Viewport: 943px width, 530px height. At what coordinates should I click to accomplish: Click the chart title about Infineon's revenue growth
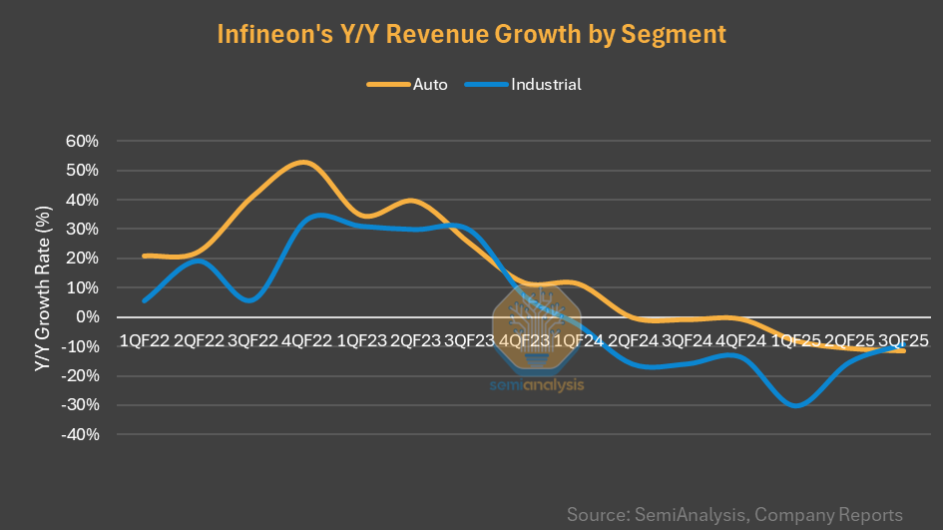471,33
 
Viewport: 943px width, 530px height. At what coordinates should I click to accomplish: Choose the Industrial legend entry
545,84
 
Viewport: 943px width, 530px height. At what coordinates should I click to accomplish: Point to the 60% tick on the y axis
82,141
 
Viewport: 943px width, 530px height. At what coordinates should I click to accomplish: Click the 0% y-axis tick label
87,317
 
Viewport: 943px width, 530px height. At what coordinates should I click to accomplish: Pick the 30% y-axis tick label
82,229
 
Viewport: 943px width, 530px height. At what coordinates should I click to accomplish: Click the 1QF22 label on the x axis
144,340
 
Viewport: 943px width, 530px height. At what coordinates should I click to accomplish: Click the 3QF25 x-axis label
904,340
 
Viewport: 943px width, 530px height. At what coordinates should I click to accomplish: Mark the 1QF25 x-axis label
795,340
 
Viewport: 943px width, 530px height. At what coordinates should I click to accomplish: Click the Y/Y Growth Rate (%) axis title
42,288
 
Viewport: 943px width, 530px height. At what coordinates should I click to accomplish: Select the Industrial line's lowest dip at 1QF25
795,405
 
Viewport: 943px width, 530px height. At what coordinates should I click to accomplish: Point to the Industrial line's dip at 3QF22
250,299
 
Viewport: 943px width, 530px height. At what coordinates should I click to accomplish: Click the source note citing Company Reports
734,515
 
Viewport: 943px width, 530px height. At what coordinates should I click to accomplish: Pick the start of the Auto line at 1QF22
146,257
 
